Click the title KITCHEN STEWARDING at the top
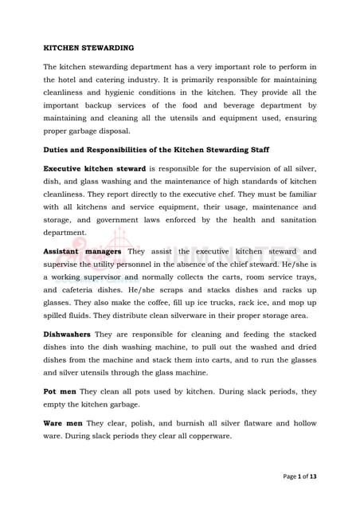88,48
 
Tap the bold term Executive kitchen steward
94,169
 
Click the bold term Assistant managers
82,251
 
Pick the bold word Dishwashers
67,334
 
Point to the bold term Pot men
60,392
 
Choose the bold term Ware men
63,423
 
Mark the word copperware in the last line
205,436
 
